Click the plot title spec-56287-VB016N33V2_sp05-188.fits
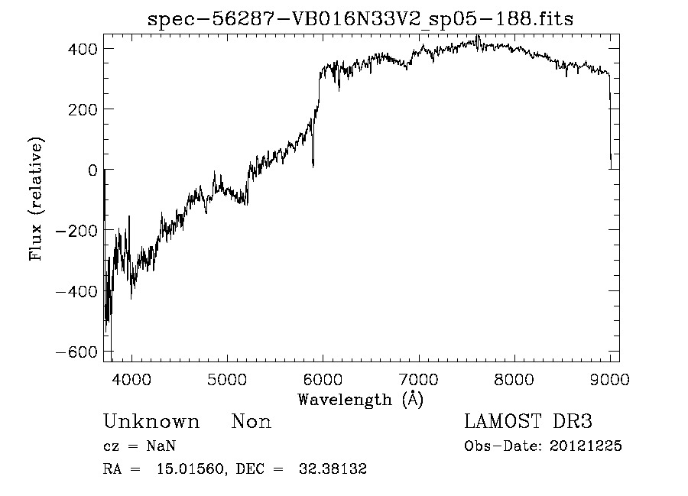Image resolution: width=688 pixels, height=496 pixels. click(360, 18)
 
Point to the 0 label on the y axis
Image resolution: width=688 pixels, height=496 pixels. click(92, 170)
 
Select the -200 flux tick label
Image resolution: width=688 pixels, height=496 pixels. click(76, 231)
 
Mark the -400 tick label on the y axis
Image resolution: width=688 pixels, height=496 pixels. click(76, 291)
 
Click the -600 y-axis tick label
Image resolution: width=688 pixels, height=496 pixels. click(76, 352)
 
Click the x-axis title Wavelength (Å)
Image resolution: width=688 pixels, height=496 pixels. click(360, 399)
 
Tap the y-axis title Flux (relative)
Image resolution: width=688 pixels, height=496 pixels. click(37, 199)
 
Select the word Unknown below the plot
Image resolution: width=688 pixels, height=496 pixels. click(151, 422)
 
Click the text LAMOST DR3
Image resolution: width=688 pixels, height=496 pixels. click(528, 422)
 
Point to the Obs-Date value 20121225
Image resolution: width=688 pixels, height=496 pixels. click(586, 446)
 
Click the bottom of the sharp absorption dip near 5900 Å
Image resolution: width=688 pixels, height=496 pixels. click(313, 166)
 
